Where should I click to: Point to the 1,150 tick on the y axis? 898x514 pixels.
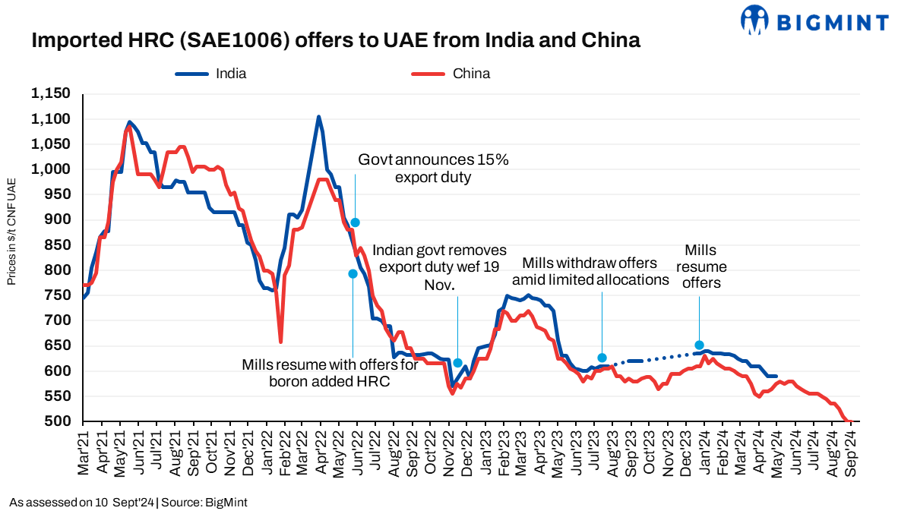pos(51,94)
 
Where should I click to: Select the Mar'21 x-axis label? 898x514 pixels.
pos(84,454)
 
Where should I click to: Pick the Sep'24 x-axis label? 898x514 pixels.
pos(851,454)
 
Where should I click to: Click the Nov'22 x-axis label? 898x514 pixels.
pos(450,454)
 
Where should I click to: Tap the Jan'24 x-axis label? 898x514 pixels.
pos(705,454)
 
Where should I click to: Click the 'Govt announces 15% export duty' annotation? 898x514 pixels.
pos(433,169)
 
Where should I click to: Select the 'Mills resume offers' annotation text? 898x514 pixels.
pos(700,266)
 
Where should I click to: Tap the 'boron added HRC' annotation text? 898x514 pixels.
pos(330,373)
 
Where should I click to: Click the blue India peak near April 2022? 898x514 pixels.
pos(318,116)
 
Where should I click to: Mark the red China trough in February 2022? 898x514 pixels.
pos(281,342)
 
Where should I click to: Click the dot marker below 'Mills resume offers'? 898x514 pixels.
pos(699,345)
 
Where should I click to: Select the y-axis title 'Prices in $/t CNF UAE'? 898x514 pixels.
pos(11,232)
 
